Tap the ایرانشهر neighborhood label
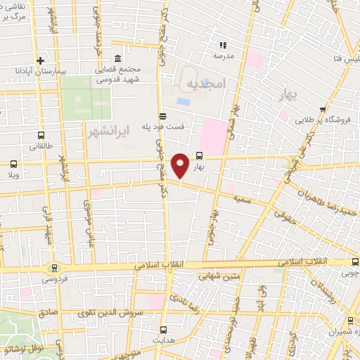tap(106, 131)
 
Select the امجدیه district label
tap(206, 84)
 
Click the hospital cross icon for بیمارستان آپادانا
tap(41, 61)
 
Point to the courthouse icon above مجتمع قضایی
tap(116, 58)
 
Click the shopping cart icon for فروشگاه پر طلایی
tap(323, 109)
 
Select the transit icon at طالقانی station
tap(40, 135)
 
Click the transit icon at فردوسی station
tap(54, 268)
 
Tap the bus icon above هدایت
tap(163, 329)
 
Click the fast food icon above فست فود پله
tap(162, 115)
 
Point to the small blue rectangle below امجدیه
tap(184, 102)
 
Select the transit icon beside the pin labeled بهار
tap(199, 156)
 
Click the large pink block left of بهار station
tap(214, 136)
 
